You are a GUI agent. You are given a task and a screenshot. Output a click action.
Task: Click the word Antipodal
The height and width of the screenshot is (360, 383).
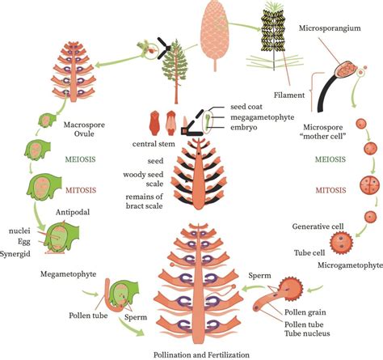tap(70, 214)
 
